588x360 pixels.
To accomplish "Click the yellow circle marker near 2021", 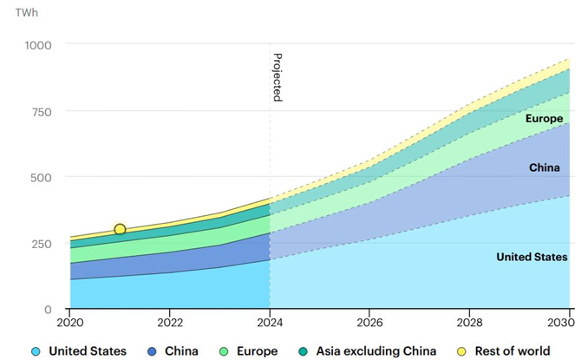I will [120, 229].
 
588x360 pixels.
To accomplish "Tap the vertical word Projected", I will [278, 77].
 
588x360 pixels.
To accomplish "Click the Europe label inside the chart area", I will [544, 119].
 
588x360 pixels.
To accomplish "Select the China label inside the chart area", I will [545, 167].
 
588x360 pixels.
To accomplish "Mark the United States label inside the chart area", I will [532, 257].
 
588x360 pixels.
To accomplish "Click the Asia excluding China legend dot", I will [303, 351].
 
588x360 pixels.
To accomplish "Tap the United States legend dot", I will [36, 351].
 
